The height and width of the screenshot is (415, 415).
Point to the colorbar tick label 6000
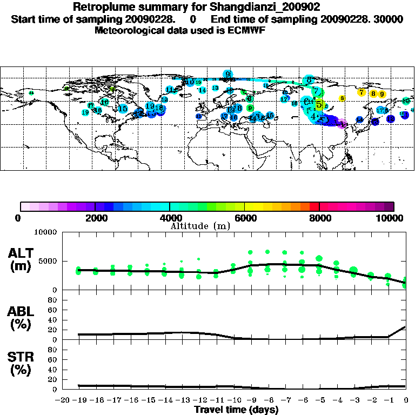[244, 218]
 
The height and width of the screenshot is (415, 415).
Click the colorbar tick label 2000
[94, 218]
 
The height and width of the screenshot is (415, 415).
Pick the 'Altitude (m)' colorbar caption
[200, 226]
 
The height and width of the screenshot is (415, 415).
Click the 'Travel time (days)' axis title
[236, 410]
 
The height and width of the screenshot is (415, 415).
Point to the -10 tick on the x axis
[233, 401]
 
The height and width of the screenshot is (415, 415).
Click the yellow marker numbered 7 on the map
[361, 92]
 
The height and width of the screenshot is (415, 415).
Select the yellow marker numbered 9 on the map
[381, 94]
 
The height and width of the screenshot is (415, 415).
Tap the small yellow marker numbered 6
[342, 98]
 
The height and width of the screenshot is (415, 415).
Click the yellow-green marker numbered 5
[319, 104]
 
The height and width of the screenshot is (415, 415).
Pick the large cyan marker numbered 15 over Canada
[123, 109]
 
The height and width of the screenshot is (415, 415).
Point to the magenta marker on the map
[342, 124]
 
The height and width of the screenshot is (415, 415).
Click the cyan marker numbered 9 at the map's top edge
[228, 74]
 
